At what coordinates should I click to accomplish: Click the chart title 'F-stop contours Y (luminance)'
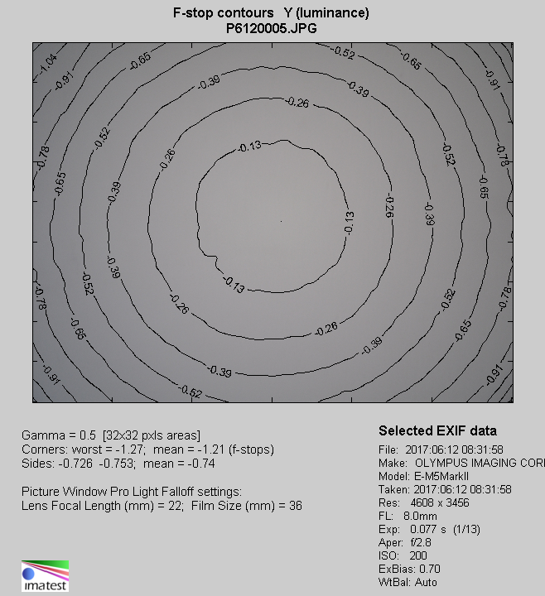click(x=271, y=13)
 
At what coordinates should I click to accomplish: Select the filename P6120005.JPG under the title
click(x=271, y=27)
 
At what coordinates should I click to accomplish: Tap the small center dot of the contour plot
click(x=282, y=221)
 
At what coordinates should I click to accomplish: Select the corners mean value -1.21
click(x=191, y=449)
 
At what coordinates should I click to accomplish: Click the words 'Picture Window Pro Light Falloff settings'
click(x=131, y=491)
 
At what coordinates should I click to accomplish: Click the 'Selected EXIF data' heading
click(x=437, y=431)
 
